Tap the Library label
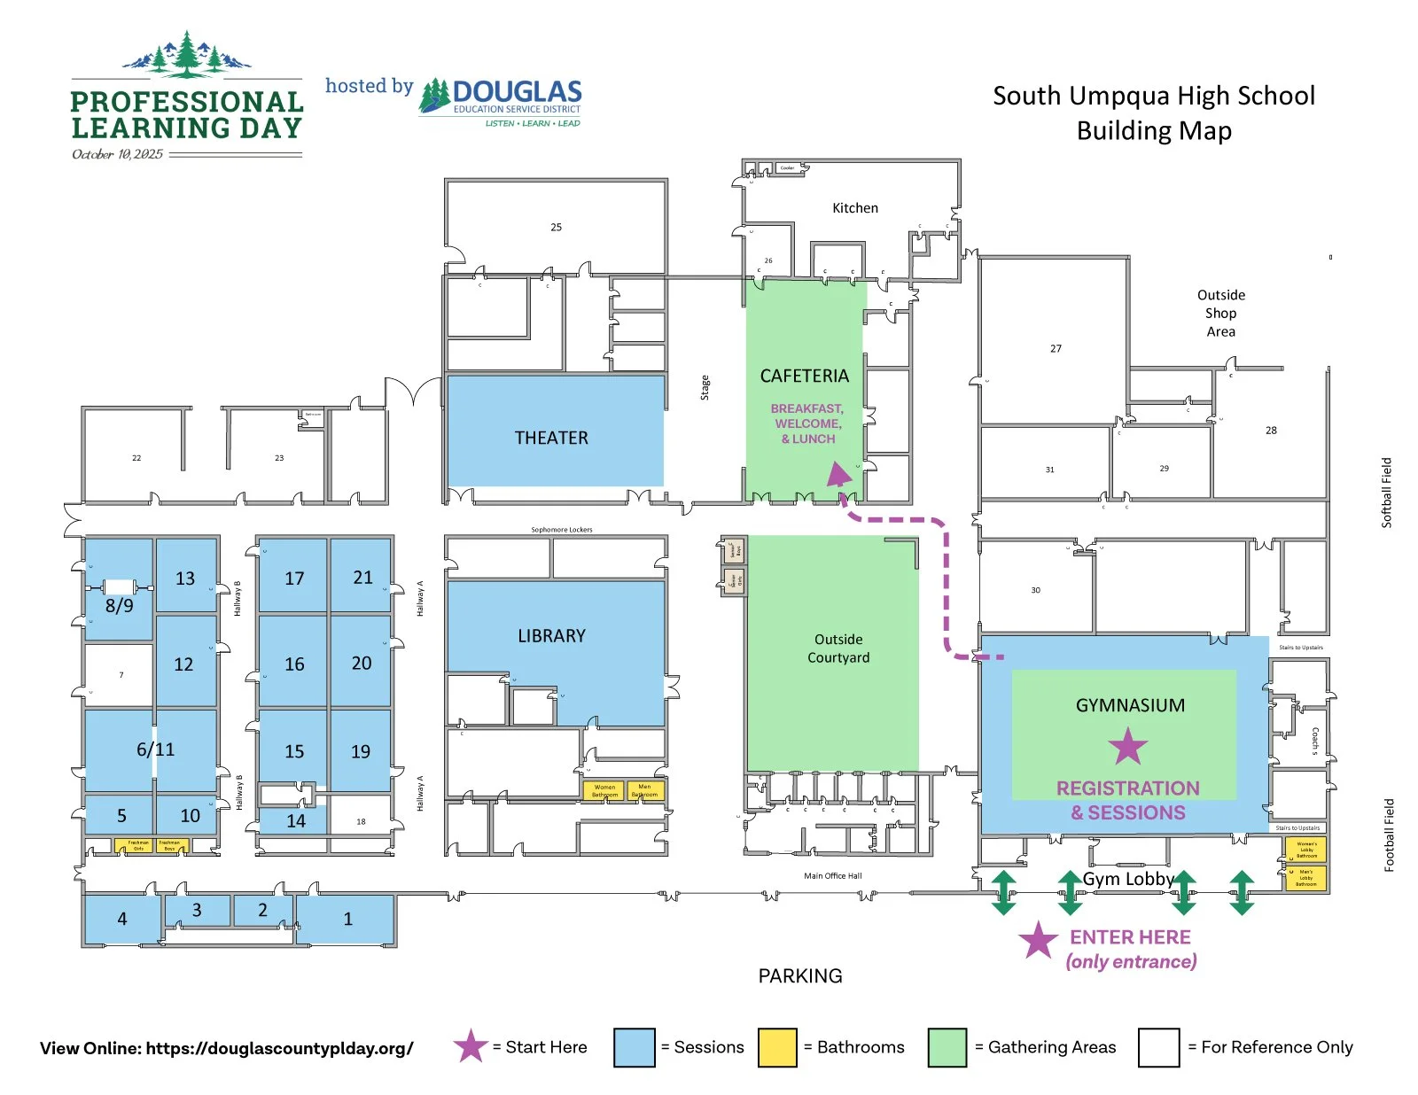551,636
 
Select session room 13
185,579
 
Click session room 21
362,578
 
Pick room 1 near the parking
347,920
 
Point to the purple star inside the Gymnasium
1128,747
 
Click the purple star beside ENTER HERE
1038,940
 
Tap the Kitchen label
854,208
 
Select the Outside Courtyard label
838,648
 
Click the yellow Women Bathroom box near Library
604,790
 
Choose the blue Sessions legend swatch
634,1047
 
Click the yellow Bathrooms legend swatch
777,1047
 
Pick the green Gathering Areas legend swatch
947,1047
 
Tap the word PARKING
800,975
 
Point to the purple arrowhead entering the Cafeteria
838,476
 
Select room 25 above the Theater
556,227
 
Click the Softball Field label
1387,493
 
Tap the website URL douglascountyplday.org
279,1048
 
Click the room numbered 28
1271,431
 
